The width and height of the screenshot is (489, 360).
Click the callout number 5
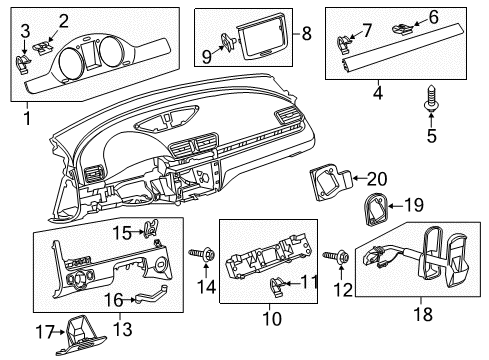(432, 136)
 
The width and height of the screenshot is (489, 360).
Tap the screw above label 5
(431, 99)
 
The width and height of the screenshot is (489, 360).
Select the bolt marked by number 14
(202, 255)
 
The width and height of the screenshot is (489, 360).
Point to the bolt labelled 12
(337, 257)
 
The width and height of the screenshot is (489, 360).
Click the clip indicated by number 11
(276, 287)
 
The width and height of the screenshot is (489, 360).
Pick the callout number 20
(377, 179)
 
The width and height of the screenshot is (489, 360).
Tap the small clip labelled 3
(23, 64)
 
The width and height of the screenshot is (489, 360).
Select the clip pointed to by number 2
(42, 48)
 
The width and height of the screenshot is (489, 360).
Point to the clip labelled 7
(344, 45)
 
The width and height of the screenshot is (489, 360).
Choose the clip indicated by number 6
(402, 29)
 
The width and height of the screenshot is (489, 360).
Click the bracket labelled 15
(150, 227)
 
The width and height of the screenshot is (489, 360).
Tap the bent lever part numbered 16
(150, 296)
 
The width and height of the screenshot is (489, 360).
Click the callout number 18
(423, 314)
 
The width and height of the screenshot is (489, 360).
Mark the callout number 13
(123, 329)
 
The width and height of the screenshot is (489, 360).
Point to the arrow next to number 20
(360, 179)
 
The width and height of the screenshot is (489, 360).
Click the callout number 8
(306, 33)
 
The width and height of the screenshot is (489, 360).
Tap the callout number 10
(272, 318)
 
